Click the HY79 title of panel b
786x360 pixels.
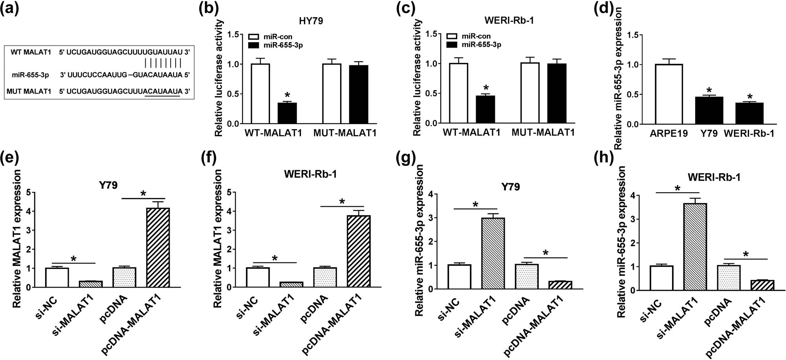[x=311, y=21]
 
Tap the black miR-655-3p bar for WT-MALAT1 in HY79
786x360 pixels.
[x=287, y=113]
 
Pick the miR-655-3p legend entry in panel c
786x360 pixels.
[x=481, y=45]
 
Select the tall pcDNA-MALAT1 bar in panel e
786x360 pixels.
[x=158, y=248]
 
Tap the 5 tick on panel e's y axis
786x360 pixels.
[x=28, y=193]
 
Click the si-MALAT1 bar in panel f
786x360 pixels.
[x=291, y=285]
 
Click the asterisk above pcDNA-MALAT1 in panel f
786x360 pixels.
[x=342, y=202]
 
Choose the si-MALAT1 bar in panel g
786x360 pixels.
[x=493, y=253]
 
